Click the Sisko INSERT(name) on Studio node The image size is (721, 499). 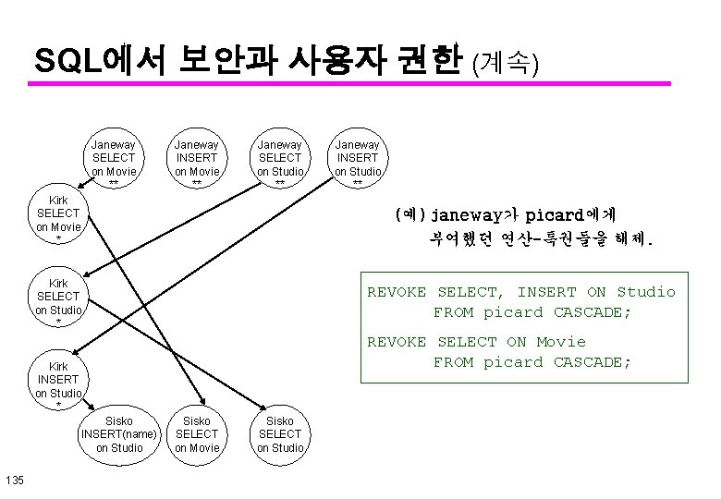(120, 434)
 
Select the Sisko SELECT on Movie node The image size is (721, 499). (197, 434)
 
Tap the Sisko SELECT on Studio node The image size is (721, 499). (279, 434)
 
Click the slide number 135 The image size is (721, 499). (14, 479)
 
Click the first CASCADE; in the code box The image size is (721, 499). (592, 311)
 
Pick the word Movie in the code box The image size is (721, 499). (561, 341)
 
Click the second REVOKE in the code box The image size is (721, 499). (397, 341)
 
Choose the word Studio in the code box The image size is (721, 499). (646, 291)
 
